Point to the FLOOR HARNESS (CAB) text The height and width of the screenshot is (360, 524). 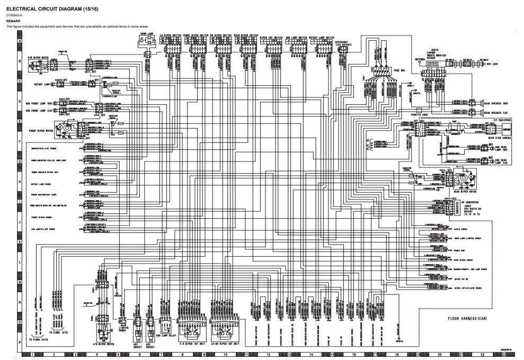coord(467,319)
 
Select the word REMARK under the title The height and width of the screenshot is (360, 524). coord(13,21)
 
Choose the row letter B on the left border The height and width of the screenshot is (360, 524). coord(20,61)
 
